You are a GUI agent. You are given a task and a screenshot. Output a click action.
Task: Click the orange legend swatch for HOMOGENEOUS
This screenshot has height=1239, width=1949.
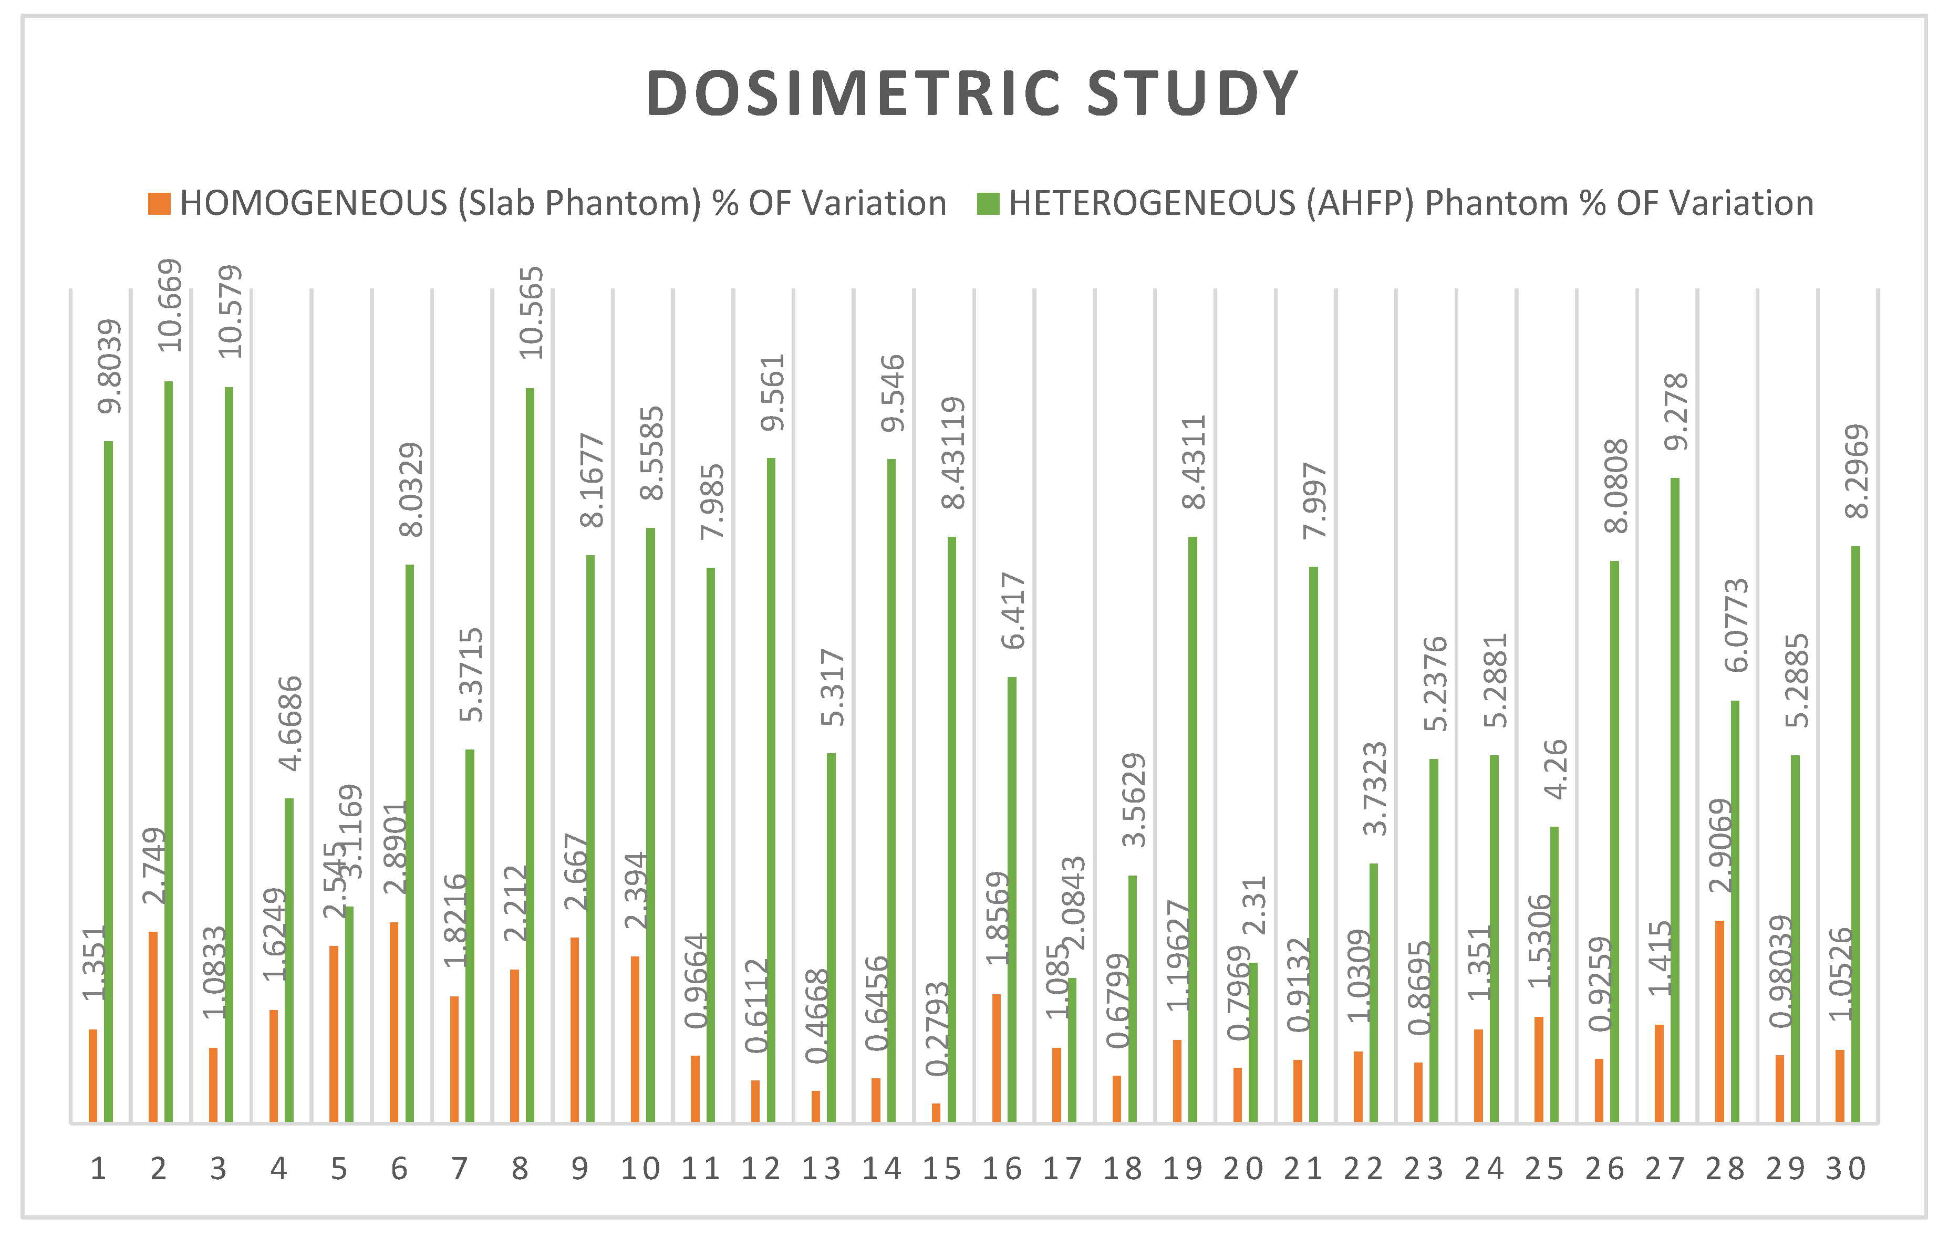[x=160, y=204]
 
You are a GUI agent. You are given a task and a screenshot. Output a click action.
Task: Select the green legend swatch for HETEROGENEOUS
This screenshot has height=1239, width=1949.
[x=988, y=204]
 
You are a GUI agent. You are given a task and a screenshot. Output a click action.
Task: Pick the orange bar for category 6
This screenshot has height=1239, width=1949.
[x=394, y=1022]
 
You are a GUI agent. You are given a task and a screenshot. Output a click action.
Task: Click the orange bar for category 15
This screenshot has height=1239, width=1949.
[x=937, y=1113]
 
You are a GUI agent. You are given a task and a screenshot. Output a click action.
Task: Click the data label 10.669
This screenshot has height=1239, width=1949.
[x=170, y=305]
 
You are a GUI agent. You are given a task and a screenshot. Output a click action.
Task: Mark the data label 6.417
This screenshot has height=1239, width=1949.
[x=1013, y=611]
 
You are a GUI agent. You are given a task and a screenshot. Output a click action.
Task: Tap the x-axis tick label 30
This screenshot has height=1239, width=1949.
[x=1846, y=1169]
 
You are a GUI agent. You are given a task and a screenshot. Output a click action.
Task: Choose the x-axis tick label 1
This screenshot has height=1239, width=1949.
[x=98, y=1169]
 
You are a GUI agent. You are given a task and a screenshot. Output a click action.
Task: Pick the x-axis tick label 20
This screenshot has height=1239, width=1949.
[x=1242, y=1169]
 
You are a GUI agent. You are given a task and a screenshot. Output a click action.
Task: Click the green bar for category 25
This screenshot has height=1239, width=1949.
[x=1554, y=974]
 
